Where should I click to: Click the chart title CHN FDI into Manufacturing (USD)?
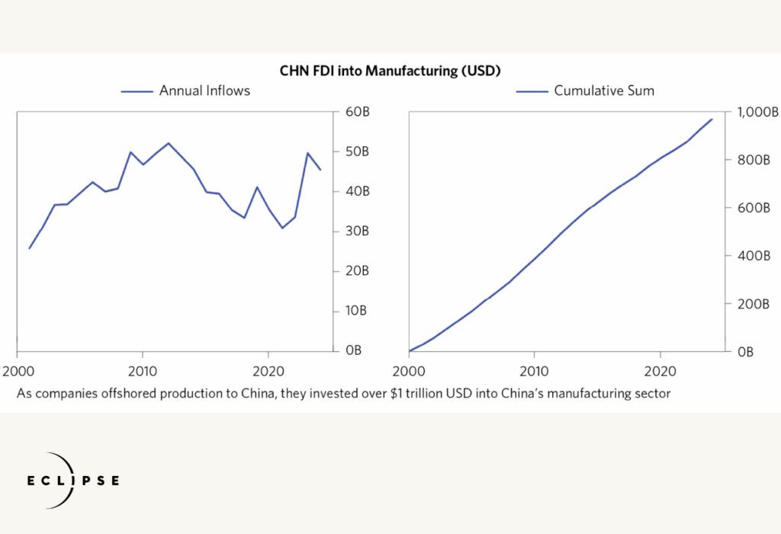(390, 72)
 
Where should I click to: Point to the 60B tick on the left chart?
(357, 112)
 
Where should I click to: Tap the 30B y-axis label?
(357, 231)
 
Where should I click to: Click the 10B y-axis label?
(357, 311)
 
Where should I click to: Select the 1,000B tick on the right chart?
(757, 112)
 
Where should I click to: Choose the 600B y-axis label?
(754, 208)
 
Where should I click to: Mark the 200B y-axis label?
(754, 304)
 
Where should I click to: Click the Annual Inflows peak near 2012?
(169, 143)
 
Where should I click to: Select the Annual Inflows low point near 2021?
(282, 228)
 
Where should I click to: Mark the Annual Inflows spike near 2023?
(307, 153)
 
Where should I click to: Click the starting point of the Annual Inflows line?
(29, 248)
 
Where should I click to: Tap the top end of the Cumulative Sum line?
(712, 119)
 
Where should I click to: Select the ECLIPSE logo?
(72, 481)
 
